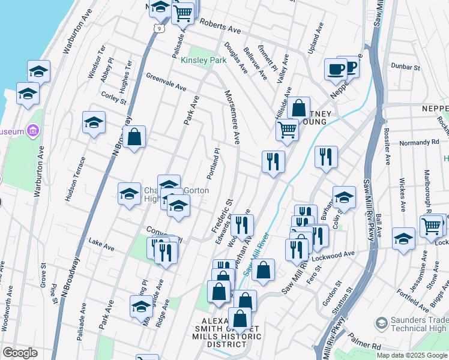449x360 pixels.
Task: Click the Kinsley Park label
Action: tap(203, 61)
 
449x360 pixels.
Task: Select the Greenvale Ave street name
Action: tap(166, 81)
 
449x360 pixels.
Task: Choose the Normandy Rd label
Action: tap(419, 143)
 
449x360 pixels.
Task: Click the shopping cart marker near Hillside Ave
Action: tap(288, 129)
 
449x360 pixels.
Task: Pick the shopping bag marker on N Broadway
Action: tap(136, 136)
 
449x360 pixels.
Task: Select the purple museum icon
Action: tap(34, 131)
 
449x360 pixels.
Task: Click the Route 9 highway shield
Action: tap(158, 28)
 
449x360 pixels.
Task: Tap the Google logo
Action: tap(20, 353)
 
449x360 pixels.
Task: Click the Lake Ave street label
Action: tap(101, 245)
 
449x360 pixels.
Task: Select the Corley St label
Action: tap(113, 98)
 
